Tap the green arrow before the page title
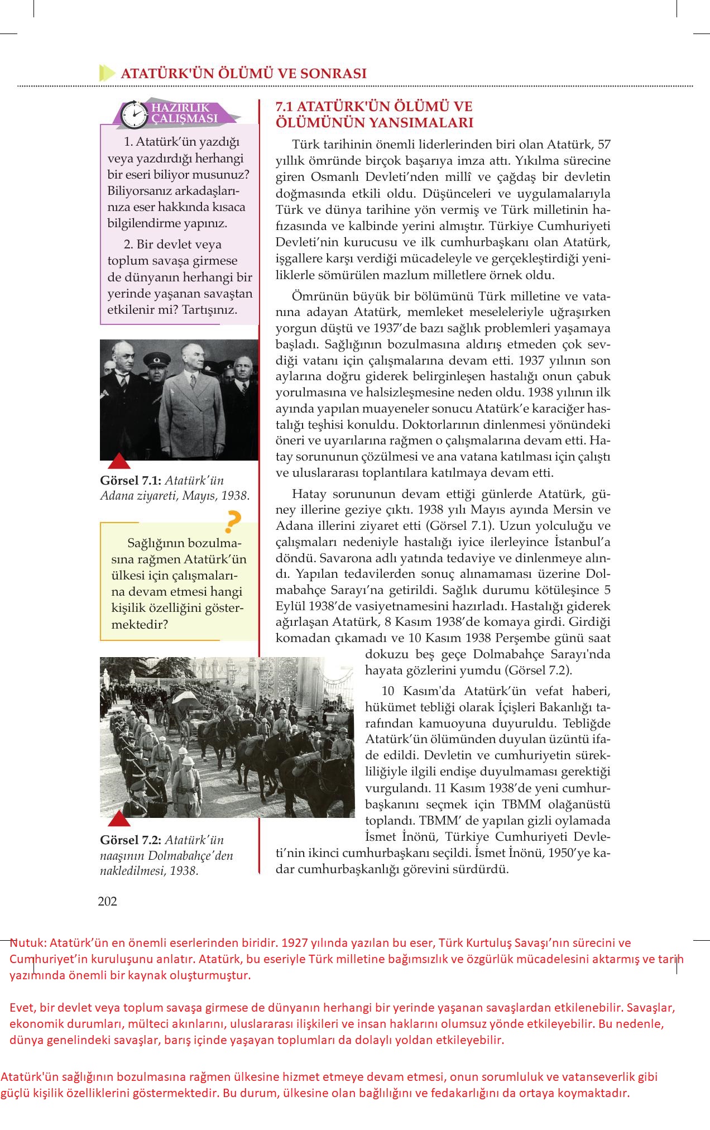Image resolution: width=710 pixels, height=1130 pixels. (x=106, y=73)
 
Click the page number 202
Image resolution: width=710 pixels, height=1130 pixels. (x=107, y=901)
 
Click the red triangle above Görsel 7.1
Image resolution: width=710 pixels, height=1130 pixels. (x=118, y=461)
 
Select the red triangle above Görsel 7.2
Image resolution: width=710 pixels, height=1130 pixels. (x=118, y=819)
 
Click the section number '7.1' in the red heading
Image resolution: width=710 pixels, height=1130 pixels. (x=287, y=107)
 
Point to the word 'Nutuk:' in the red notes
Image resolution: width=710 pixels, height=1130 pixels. (x=28, y=943)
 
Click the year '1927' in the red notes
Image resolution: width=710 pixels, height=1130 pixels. (x=296, y=943)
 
